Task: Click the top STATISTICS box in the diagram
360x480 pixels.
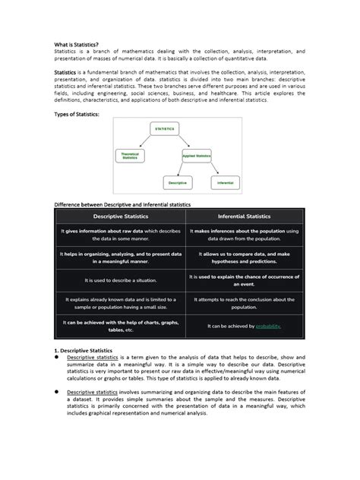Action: pos(165,129)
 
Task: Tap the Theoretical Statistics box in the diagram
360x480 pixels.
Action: pos(131,155)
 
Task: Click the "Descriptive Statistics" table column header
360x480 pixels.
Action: pos(118,217)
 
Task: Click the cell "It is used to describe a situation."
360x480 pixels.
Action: pos(118,280)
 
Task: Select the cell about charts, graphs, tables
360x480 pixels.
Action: pos(118,326)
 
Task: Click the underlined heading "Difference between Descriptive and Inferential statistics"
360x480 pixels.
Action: pos(122,204)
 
